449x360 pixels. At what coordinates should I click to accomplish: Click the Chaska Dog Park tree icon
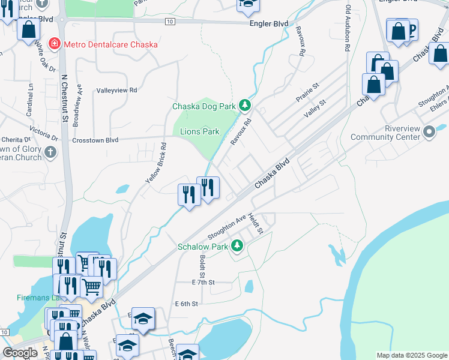(244, 106)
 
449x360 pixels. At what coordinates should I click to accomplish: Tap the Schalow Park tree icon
(238, 245)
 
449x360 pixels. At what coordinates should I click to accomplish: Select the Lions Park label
(200, 131)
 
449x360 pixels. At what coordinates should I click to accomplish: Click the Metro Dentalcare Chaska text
(111, 44)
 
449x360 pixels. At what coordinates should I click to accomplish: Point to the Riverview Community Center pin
(429, 131)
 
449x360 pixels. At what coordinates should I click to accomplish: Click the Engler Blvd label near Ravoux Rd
(269, 23)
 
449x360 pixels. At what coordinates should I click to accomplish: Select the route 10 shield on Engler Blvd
(170, 22)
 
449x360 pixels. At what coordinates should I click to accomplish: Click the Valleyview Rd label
(117, 90)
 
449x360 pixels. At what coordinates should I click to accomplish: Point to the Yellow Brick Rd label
(155, 163)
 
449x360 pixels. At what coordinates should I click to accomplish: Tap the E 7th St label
(203, 281)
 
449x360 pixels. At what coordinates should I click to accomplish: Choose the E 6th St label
(186, 304)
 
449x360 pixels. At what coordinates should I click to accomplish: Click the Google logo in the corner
(20, 353)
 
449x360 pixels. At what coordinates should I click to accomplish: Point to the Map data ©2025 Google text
(411, 355)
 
